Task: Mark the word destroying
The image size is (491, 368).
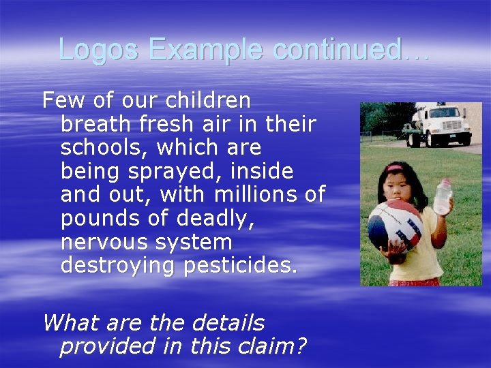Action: point(119,266)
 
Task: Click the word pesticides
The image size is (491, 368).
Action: point(241,266)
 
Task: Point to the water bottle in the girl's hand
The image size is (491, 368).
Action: point(443,197)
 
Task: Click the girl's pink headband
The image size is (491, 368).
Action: point(395,167)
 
